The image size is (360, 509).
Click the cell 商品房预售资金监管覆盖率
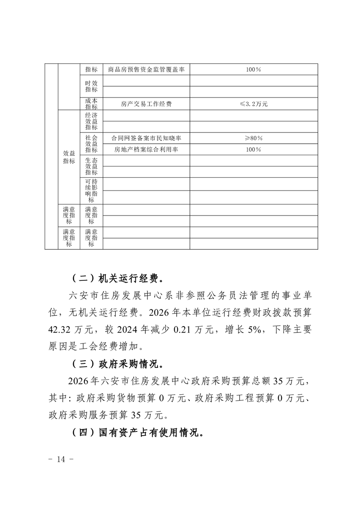(146, 69)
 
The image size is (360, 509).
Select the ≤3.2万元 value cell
(254, 104)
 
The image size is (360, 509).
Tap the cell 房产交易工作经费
(146, 104)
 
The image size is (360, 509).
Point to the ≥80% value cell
(254, 138)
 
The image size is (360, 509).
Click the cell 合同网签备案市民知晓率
(146, 138)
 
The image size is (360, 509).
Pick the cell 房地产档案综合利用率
(146, 149)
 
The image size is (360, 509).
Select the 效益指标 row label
(69, 157)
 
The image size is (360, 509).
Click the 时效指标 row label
(91, 86)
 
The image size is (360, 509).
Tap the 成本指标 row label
(91, 104)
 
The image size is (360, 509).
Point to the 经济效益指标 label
(91, 121)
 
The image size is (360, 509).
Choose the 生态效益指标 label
(91, 166)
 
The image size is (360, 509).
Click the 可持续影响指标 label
(91, 191)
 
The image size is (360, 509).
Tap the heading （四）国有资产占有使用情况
(137, 432)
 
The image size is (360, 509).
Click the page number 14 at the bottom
(61, 459)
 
